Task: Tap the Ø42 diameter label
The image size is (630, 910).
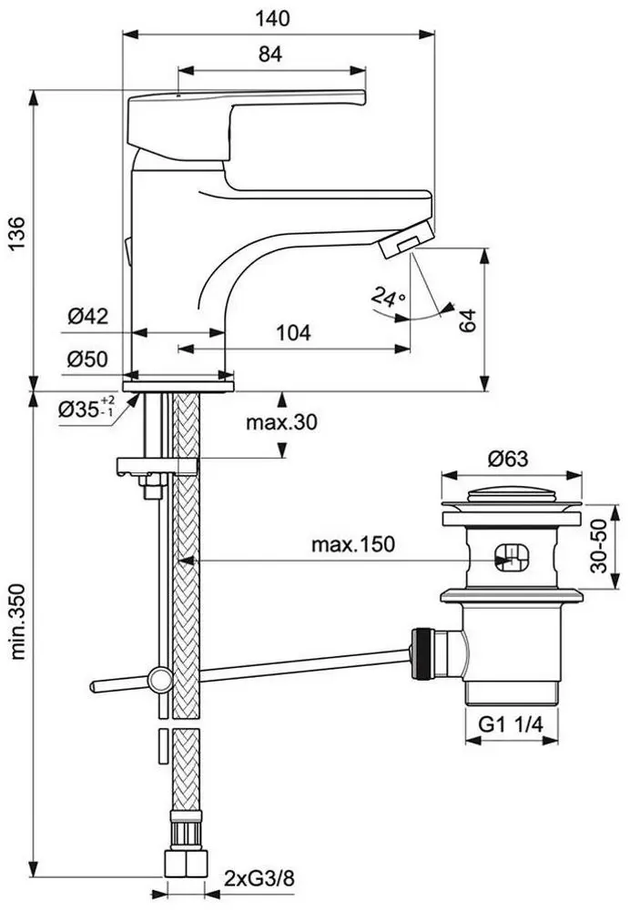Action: point(87,316)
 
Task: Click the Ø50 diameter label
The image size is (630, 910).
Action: point(87,359)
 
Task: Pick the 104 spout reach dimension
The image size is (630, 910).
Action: point(291,333)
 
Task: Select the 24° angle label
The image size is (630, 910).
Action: point(386,297)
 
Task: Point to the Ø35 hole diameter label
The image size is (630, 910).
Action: point(85,408)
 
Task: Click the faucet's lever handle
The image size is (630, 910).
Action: point(246,115)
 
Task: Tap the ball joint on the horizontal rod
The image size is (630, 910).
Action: point(161,677)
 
